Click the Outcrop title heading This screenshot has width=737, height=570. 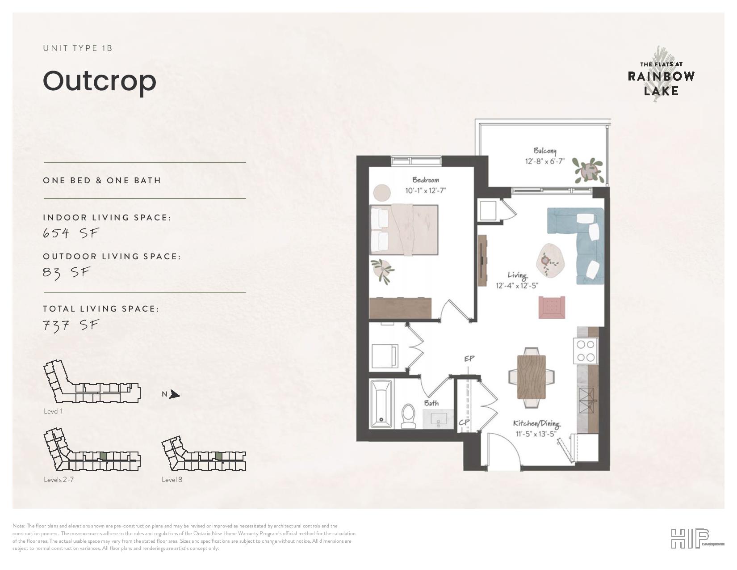(x=99, y=81)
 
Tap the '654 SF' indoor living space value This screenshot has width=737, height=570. (x=71, y=233)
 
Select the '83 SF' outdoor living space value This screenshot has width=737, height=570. (x=67, y=272)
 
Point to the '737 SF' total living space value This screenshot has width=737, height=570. (x=71, y=325)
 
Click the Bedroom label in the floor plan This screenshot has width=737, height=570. (x=426, y=180)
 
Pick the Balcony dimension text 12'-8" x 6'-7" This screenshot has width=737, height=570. (x=544, y=161)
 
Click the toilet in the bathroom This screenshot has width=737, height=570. (x=408, y=416)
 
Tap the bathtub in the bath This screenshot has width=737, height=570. (x=382, y=404)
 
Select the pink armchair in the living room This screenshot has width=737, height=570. (x=552, y=308)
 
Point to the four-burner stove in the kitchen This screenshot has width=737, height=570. (x=586, y=350)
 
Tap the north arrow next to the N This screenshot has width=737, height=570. (x=175, y=394)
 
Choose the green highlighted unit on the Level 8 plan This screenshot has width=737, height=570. (x=219, y=456)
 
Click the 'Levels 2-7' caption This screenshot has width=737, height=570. (x=59, y=480)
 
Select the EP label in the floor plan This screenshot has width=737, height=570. (x=469, y=359)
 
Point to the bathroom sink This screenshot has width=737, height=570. (x=438, y=418)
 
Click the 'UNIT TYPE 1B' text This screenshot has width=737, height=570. (x=78, y=48)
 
